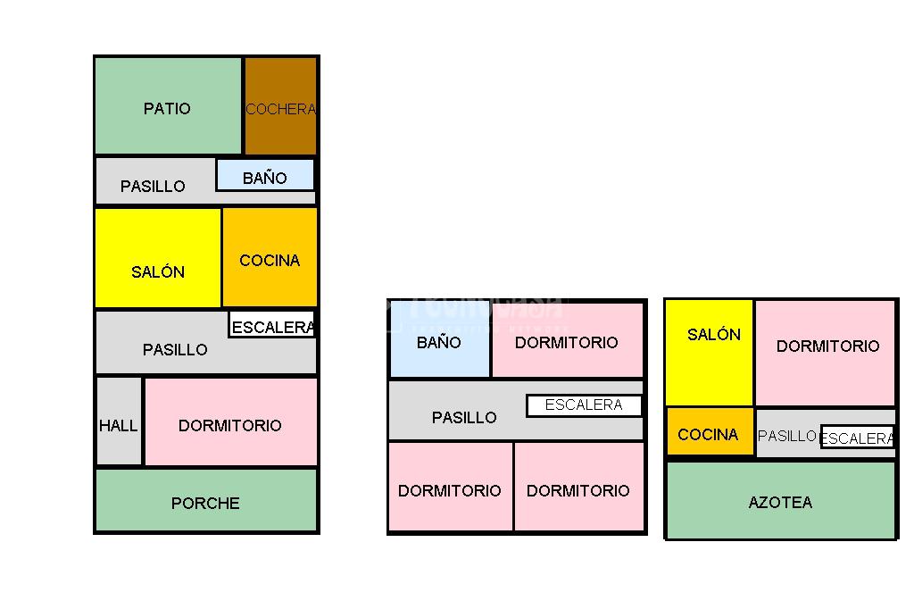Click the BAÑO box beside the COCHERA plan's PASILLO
click(x=265, y=176)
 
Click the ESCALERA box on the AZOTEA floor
click(x=857, y=438)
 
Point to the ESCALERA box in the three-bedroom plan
click(x=584, y=405)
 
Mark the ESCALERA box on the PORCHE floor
click(x=272, y=326)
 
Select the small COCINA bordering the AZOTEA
click(x=709, y=433)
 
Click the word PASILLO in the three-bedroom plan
click(x=464, y=418)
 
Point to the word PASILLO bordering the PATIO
click(x=153, y=187)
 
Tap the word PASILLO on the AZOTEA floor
click(x=786, y=436)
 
